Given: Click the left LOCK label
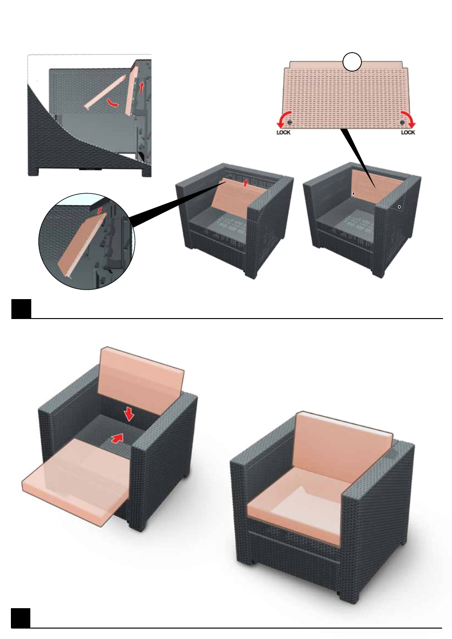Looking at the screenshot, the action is pos(283,132).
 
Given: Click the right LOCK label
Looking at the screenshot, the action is pos(408,132).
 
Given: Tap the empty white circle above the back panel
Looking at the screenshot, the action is pos(352,62).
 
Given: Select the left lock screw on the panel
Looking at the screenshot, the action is pos(290,122).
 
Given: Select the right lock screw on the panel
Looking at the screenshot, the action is pos(402,122).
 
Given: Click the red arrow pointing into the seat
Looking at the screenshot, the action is pos(118,438).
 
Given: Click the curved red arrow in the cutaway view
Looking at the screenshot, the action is pos(112,103).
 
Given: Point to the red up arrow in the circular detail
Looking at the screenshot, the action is pos(99,210).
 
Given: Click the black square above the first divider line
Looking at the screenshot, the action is pos(21,309).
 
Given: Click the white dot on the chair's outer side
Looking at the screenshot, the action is pos(399,207).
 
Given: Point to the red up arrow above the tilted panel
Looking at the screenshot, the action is pos(245,183).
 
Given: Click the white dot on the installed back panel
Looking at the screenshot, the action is pos(353,193).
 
